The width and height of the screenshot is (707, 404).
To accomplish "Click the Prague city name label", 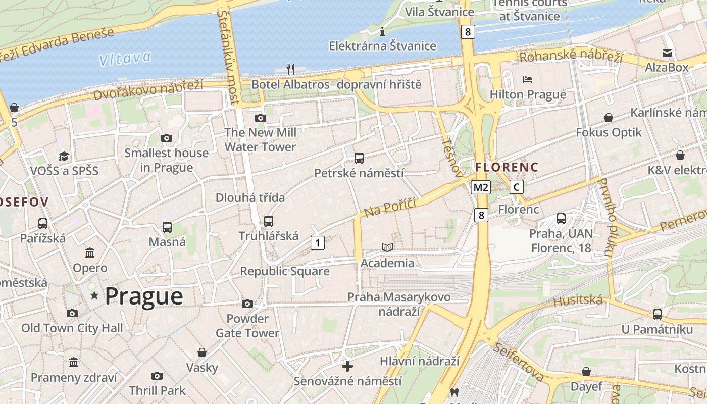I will pos(144,296).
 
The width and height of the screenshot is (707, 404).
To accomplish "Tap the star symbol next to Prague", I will pos(94,295).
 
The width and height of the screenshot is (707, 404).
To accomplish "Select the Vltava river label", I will pos(125,59).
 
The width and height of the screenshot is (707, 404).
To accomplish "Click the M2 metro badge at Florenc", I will pos(480,188).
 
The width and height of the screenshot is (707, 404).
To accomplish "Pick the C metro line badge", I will pos(516,187).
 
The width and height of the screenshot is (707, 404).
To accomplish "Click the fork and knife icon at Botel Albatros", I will pos(290,70).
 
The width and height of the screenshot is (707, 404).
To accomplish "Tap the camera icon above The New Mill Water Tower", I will pos(261,118).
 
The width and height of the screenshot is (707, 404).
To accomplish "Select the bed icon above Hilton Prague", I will pos(528,80).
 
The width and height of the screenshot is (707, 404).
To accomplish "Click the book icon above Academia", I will pos(387,247).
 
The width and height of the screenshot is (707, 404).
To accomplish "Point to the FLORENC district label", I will pos(507,167).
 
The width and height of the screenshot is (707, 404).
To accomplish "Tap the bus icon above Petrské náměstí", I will pos(359,158).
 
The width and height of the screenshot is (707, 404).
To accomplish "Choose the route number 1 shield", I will pos(317,243).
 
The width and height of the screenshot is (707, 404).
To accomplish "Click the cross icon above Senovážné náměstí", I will pos(347,366).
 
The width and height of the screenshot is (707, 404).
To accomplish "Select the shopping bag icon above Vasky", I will pos(202,352).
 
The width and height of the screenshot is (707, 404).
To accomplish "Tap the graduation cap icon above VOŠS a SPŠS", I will pos(64,156).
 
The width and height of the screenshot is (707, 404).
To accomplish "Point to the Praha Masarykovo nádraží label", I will pos(399,304).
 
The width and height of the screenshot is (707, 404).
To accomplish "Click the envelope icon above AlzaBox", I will pos(667,53).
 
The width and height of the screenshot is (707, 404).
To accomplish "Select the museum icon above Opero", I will pos(90,252).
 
